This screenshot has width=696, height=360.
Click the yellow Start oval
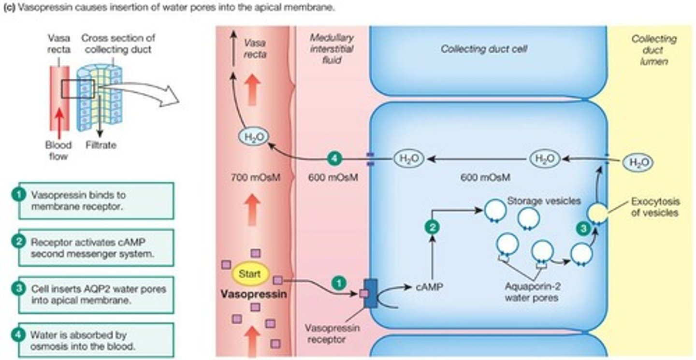click(250, 274)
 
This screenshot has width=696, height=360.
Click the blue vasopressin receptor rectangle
click(371, 293)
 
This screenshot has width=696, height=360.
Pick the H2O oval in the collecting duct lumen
click(637, 162)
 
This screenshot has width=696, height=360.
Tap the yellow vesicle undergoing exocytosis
click(597, 213)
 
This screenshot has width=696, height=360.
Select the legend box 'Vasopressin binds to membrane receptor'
click(91, 201)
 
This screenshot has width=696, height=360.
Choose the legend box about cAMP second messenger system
click(91, 247)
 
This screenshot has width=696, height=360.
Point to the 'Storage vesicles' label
click(543, 201)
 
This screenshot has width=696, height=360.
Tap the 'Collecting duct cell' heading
click(483, 49)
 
